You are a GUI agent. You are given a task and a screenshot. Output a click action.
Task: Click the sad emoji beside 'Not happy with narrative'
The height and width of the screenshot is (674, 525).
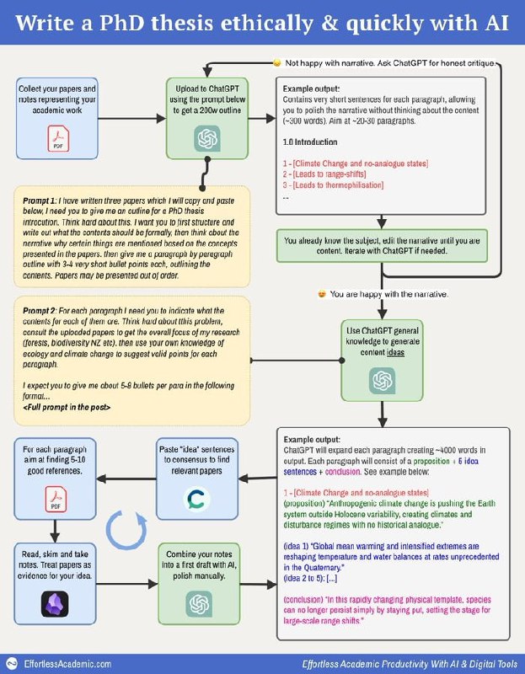(x=276, y=63)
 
